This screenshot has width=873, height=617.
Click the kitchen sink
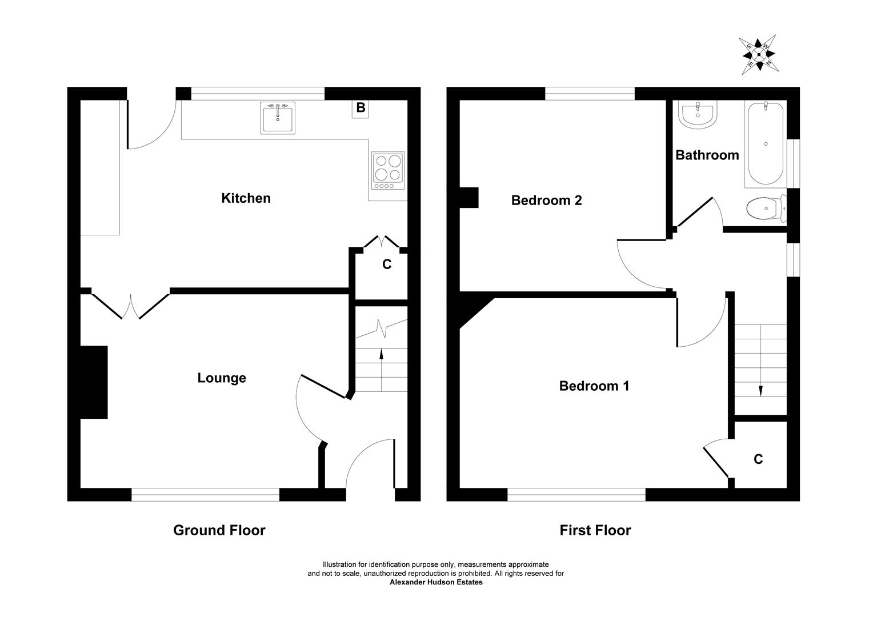pos(278,118)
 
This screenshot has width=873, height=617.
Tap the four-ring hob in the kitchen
pos(388,171)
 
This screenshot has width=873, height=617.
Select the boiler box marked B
pos(361,109)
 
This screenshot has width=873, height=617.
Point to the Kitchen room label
pos(246,198)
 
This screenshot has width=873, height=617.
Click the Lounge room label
pos(222,378)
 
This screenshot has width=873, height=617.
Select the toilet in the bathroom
pos(766,208)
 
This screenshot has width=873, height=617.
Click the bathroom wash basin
pos(698,115)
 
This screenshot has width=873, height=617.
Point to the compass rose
pos(759,55)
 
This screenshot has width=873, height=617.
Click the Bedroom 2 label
pos(546,201)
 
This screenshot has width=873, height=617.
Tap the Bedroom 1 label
pos(594,386)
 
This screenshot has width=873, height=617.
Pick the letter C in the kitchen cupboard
pos(387,265)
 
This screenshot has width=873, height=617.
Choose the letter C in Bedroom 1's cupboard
pos(758,459)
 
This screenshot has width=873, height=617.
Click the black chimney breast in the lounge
pos(94,382)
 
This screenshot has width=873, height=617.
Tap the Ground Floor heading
pos(219,530)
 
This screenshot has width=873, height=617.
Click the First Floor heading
pos(595,530)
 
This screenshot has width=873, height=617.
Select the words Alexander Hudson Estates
pos(436,582)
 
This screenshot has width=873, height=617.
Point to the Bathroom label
pos(707,155)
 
